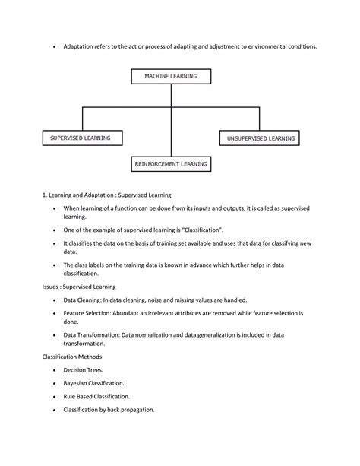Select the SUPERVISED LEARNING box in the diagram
81,138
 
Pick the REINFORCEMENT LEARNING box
172,163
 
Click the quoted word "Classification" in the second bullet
222,229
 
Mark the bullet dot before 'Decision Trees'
55,370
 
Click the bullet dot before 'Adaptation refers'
55,47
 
